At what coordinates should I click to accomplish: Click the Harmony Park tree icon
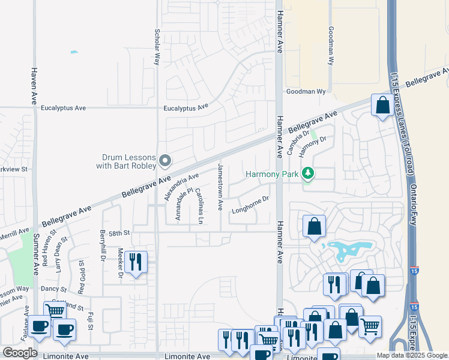click(309, 174)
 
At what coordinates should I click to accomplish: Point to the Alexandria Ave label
click(181, 187)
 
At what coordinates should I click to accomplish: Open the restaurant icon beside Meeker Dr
click(136, 262)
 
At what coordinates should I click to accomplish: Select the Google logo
click(20, 353)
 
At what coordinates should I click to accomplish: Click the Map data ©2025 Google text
click(412, 355)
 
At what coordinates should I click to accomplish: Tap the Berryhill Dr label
click(103, 242)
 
